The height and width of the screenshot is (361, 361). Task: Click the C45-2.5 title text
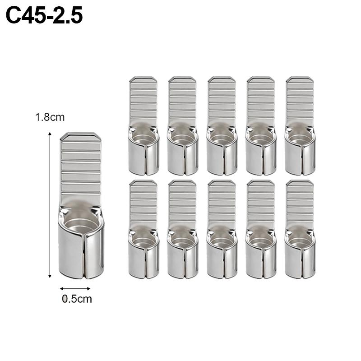[44, 16]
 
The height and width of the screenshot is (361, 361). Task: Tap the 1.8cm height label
[50, 117]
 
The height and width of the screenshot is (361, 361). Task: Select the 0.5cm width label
[77, 299]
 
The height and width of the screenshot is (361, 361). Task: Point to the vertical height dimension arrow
[50, 205]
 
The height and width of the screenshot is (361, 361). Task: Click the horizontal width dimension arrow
[75, 288]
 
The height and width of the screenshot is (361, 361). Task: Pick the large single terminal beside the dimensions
[81, 205]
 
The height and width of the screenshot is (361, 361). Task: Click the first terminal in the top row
[143, 126]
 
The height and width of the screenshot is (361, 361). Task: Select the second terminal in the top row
[183, 126]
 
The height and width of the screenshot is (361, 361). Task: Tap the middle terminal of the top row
[222, 126]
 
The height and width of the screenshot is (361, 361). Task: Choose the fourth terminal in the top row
[261, 126]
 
